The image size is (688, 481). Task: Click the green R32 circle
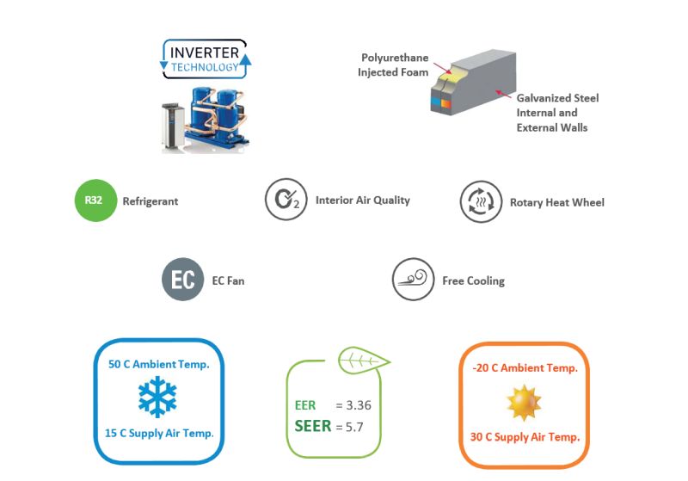coord(95,202)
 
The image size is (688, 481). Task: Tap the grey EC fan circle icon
coord(182,280)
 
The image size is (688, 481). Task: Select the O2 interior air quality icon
coord(286,200)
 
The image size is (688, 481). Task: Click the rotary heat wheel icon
coord(480,202)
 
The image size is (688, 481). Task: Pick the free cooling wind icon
coord(412,280)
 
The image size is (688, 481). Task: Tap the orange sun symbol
coord(523,401)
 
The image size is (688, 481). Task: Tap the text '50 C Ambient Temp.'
coord(158,364)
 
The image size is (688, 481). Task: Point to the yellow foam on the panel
coord(444,83)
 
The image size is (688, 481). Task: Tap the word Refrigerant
coord(150,202)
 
